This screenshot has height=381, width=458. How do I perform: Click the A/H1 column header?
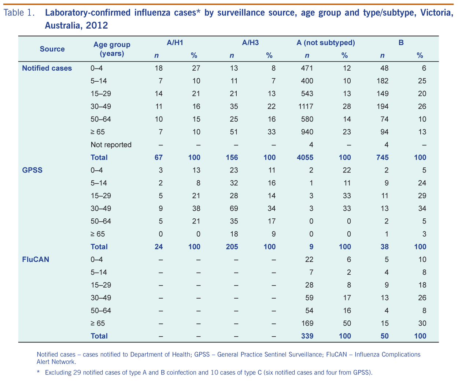pos(175,43)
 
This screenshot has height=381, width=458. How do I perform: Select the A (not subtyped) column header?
pos(325,43)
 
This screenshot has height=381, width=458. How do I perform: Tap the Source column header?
pos(52,49)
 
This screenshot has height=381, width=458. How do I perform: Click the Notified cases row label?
pos(47,68)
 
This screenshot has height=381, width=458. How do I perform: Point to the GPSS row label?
pos(32,170)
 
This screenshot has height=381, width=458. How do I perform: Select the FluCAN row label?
pos(36,259)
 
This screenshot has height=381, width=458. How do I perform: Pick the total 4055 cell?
pos(305,158)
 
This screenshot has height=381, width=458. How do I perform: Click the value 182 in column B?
pos(382,81)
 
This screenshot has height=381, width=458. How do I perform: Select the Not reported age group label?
pos(111,145)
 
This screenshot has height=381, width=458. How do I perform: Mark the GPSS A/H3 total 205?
pos(232,247)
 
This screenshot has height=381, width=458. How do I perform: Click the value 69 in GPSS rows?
pos(234,208)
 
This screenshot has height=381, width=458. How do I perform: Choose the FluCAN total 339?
pos(307,336)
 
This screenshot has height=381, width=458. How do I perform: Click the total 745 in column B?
pos(382,158)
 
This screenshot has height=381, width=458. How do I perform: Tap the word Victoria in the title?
pos(437,13)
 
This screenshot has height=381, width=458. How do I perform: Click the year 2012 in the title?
pos(97,26)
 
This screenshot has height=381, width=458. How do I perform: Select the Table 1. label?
pos(19,13)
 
